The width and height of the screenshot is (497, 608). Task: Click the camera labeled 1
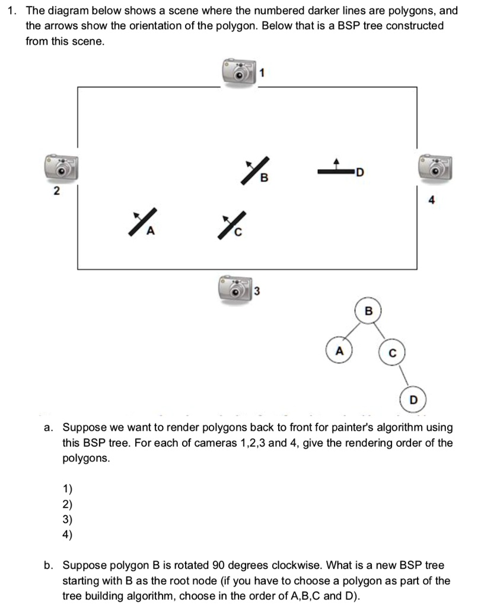(238, 73)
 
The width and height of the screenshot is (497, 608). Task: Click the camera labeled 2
(60, 169)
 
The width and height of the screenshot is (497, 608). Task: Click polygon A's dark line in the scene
(142, 223)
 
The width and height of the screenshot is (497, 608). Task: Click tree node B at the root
(368, 311)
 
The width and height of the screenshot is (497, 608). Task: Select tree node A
(339, 350)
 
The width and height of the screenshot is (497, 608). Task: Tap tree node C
(391, 354)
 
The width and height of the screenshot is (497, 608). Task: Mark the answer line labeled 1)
(67, 489)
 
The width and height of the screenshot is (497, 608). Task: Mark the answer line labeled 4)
(67, 534)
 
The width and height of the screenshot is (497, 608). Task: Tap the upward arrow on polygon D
(337, 162)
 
